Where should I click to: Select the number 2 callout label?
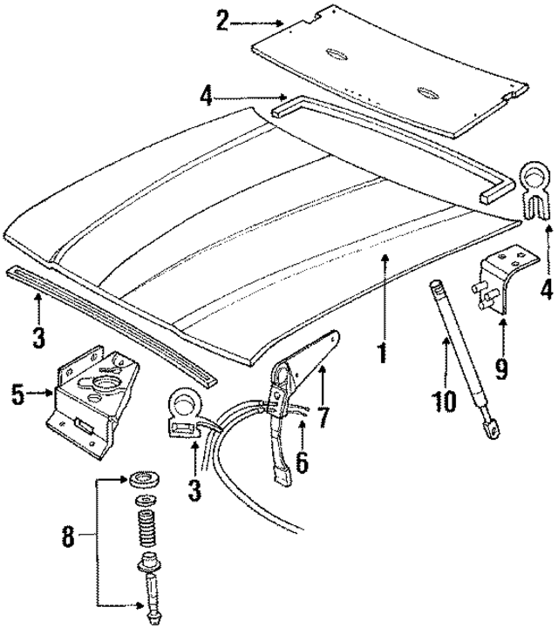pos(223,20)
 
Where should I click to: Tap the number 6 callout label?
pos(302,462)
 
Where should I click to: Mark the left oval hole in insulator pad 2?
pos(334,55)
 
